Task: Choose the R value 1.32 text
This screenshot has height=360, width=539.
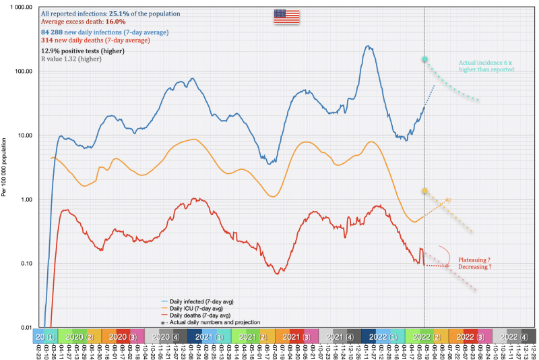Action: pyautogui.click(x=71, y=59)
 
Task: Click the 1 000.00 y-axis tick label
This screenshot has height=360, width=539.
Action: pyautogui.click(x=21, y=7)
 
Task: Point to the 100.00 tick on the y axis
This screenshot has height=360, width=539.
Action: pyautogui.click(x=24, y=71)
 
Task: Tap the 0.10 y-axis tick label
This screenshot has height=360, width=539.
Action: pyautogui.click(x=26, y=264)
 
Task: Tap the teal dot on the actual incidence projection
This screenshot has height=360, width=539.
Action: pyautogui.click(x=425, y=60)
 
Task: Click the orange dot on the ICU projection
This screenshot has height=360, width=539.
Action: pyautogui.click(x=425, y=191)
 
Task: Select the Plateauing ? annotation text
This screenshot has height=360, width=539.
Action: pyautogui.click(x=474, y=259)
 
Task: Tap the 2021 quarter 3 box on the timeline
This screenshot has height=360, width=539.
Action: pyautogui.click(x=297, y=336)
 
